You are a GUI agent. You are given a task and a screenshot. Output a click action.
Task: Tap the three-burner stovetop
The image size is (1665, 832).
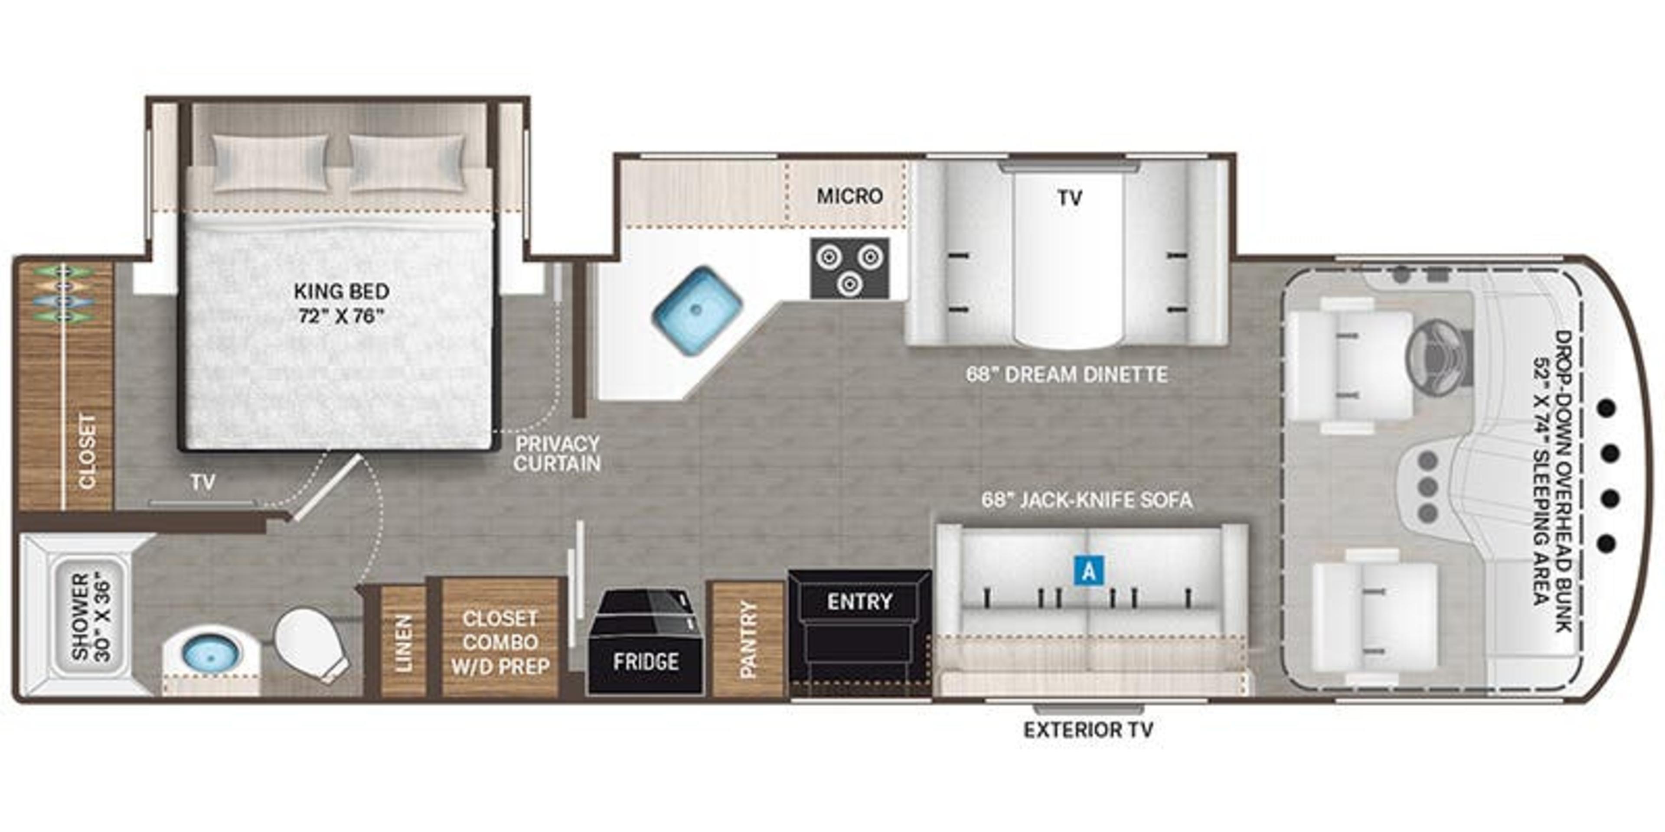click(x=849, y=269)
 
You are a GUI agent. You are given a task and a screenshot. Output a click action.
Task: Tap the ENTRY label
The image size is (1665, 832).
click(x=859, y=602)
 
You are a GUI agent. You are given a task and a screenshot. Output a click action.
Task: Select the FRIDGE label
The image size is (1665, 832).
click(x=646, y=661)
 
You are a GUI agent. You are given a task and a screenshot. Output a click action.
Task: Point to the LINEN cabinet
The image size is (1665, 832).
click(x=403, y=642)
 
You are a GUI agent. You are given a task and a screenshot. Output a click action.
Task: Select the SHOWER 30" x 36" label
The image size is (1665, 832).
click(x=91, y=617)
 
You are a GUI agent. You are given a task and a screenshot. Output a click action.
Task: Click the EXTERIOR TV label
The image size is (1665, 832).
click(x=1088, y=730)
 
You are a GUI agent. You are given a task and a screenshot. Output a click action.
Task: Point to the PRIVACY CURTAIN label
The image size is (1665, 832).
click(x=557, y=453)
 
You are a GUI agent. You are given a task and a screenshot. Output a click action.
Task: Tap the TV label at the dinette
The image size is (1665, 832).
click(x=1070, y=198)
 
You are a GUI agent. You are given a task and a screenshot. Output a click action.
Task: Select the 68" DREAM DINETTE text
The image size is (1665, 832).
click(x=1067, y=375)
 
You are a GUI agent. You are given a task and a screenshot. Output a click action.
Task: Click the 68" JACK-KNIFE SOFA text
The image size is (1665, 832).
click(x=1087, y=500)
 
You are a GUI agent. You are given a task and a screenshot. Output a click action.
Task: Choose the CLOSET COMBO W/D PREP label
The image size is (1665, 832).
click(x=499, y=642)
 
